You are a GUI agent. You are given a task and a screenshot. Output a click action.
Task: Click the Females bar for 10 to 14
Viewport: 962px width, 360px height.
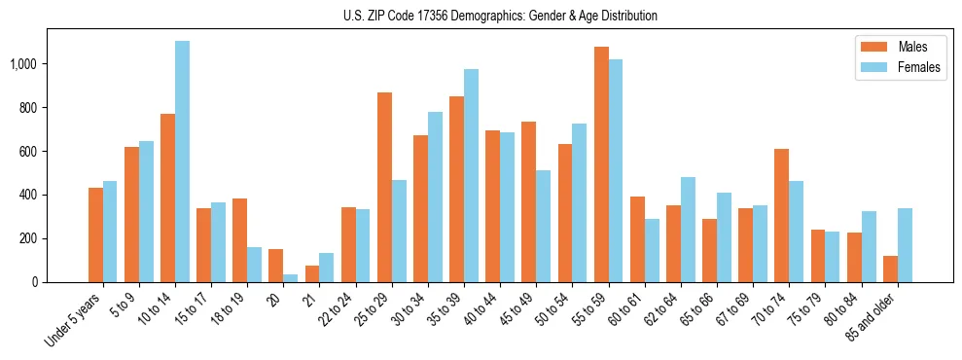182,162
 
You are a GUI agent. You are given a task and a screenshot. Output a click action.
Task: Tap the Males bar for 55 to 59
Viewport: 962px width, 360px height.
601,164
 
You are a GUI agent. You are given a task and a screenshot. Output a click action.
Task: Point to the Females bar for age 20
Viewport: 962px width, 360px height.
291,278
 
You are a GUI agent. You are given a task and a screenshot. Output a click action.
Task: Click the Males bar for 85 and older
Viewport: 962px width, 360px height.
890,270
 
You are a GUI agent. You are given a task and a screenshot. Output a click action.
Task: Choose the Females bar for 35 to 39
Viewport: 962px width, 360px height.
471,175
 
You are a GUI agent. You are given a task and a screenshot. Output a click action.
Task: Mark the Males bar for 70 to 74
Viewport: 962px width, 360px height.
782,215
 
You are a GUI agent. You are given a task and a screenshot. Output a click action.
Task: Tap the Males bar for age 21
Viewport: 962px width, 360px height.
312,274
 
